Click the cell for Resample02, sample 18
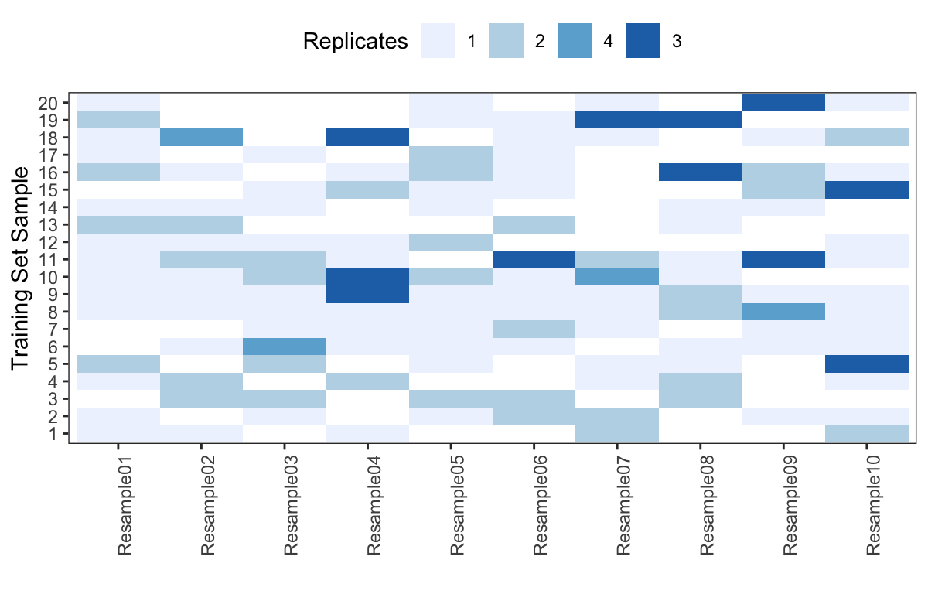coord(201,137)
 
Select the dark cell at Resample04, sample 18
coord(368,137)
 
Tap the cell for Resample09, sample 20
coord(783,102)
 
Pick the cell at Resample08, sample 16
coord(700,172)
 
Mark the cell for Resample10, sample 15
coord(867,189)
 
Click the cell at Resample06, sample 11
coord(534,259)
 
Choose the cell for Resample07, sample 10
coord(617,277)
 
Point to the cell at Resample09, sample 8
coord(783,312)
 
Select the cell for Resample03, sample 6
coord(285,346)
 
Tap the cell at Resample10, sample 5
coord(867,364)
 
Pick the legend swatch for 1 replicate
coord(438,41)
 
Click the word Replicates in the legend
coord(356,41)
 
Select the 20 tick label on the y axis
coord(46,102)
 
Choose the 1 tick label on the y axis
coord(52,434)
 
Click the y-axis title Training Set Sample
coord(22,268)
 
